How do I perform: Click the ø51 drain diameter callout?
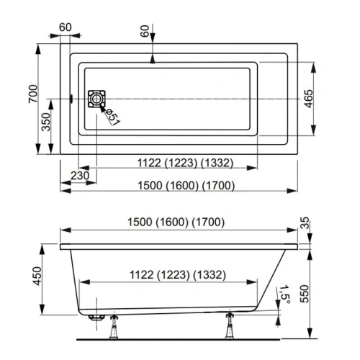pyautogui.click(x=112, y=116)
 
